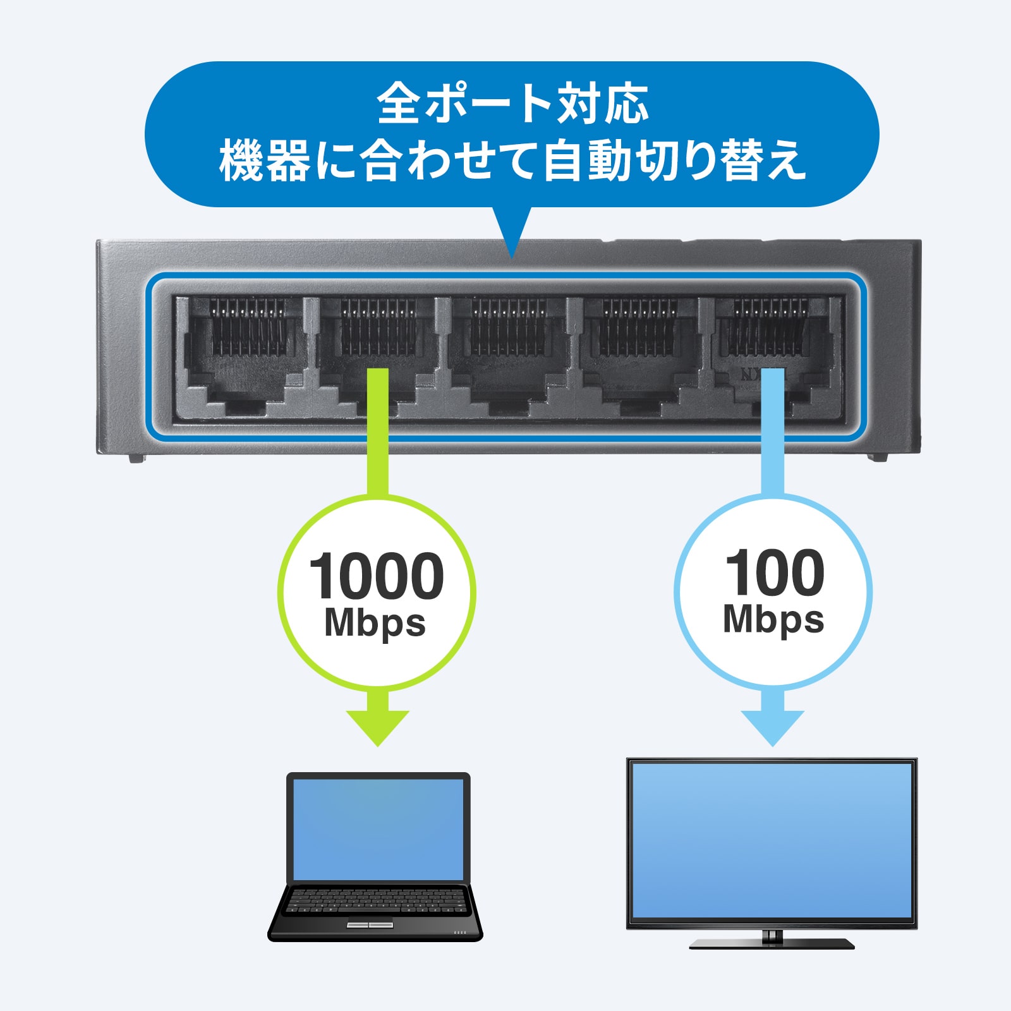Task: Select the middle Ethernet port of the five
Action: click(509, 354)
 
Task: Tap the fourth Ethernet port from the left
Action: click(639, 354)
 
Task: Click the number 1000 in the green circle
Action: click(377, 576)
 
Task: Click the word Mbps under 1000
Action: click(375, 624)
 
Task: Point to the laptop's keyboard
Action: click(377, 900)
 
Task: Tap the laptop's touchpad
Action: click(370, 925)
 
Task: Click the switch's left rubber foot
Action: click(136, 457)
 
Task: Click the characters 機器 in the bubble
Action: click(265, 161)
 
